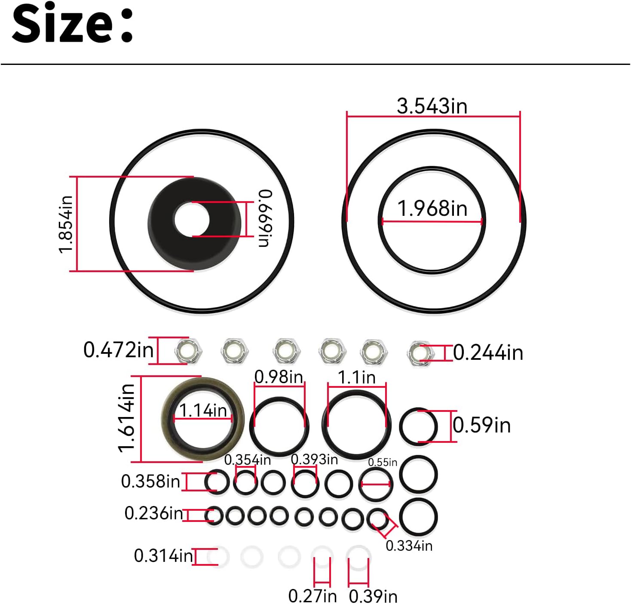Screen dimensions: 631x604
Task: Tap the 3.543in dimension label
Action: (432, 106)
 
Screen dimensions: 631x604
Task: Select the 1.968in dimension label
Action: (432, 208)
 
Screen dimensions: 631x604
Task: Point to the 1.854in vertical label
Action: (65, 224)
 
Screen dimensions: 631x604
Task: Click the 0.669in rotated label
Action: (265, 218)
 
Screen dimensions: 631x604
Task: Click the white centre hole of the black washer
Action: (191, 219)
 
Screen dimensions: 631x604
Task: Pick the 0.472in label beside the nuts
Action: (118, 350)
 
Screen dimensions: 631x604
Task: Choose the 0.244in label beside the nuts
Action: (488, 353)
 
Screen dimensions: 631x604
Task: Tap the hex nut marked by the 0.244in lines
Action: (420, 353)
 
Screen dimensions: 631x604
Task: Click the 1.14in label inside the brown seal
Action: (203, 411)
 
